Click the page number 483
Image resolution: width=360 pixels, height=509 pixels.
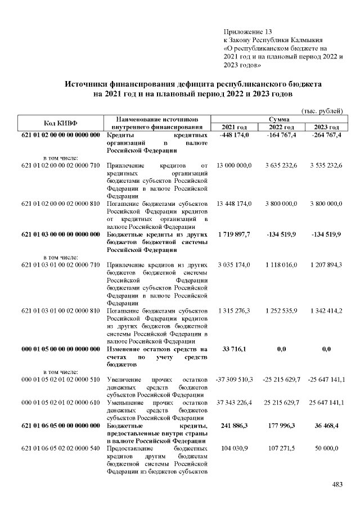click(x=337, y=485)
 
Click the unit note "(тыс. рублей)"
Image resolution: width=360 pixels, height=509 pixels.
click(x=322, y=111)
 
